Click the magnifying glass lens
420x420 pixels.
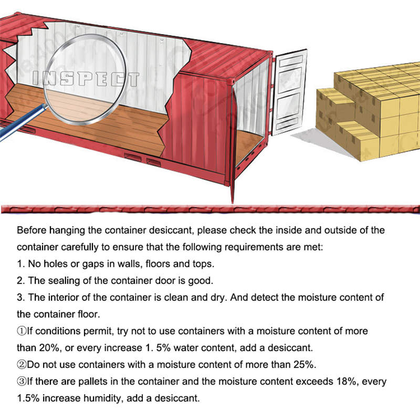coord(85,80)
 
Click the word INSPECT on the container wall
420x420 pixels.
coord(86,79)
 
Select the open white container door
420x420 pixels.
coord(289,92)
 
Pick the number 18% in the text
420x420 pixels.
coord(346,381)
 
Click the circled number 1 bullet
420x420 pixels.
coord(22,331)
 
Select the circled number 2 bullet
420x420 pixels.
coord(22,364)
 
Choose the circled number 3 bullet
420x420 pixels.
coord(22,382)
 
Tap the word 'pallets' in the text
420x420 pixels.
coord(93,382)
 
